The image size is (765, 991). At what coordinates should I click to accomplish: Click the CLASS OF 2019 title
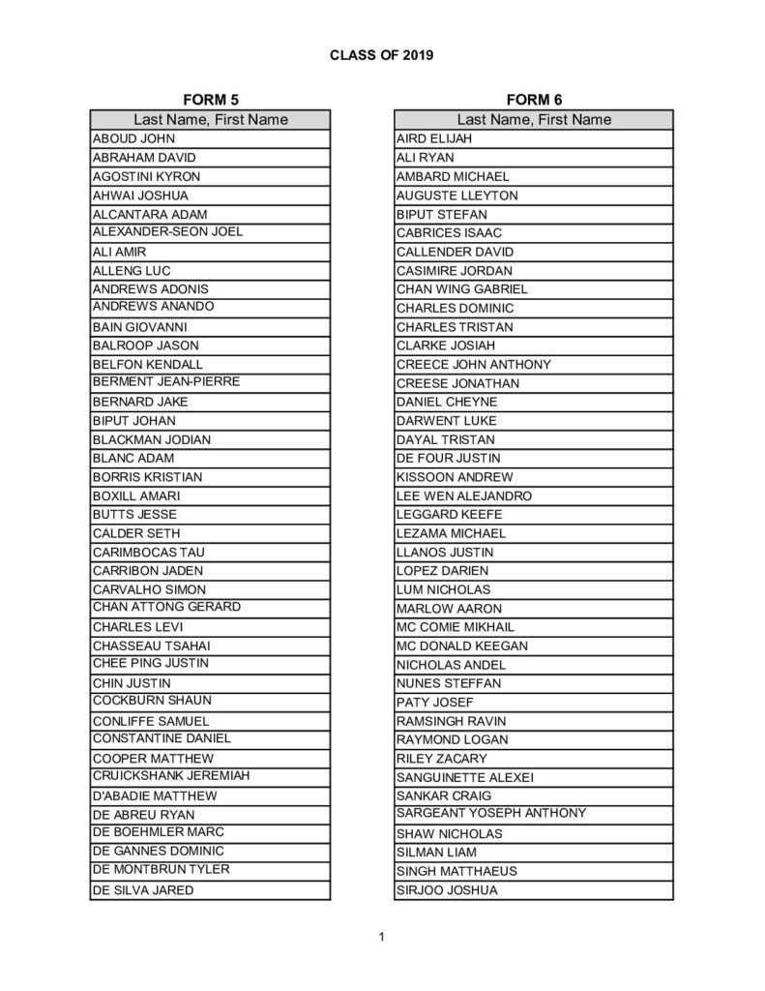point(381,55)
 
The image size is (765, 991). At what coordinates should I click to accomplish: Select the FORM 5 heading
point(210,100)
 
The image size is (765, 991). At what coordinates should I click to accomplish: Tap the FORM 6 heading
point(534,100)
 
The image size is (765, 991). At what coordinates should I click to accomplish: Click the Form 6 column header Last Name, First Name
point(534,120)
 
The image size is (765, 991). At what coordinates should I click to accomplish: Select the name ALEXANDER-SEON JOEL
point(167,232)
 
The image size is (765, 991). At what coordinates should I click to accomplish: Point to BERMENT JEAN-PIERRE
point(166,382)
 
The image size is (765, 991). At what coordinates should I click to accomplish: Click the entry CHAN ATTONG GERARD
point(166,607)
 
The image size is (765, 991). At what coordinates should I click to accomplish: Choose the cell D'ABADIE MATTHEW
point(155,796)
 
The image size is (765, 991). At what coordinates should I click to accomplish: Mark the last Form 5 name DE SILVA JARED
point(143,890)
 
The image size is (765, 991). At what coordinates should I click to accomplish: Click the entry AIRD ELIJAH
point(434,138)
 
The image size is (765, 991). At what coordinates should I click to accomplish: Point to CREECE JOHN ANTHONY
point(474,365)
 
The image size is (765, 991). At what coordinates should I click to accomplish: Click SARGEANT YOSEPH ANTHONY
point(491,813)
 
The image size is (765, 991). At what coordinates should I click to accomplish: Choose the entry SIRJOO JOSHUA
point(447,890)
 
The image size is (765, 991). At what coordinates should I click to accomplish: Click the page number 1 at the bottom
point(382,936)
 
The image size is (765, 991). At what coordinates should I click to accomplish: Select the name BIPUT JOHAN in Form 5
point(134,421)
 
